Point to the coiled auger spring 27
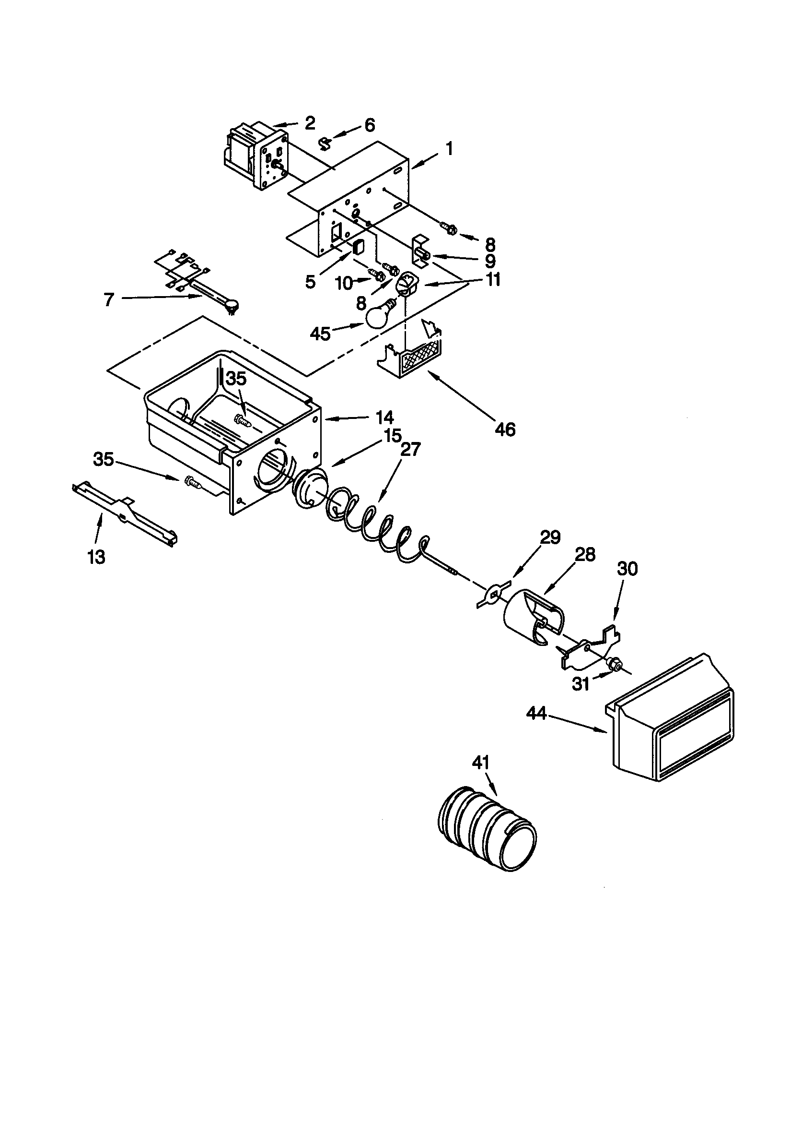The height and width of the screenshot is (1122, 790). [376, 525]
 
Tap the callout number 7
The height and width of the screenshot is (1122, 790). [109, 299]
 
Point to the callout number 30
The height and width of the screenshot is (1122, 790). [627, 569]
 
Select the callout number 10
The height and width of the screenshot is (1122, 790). [345, 283]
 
